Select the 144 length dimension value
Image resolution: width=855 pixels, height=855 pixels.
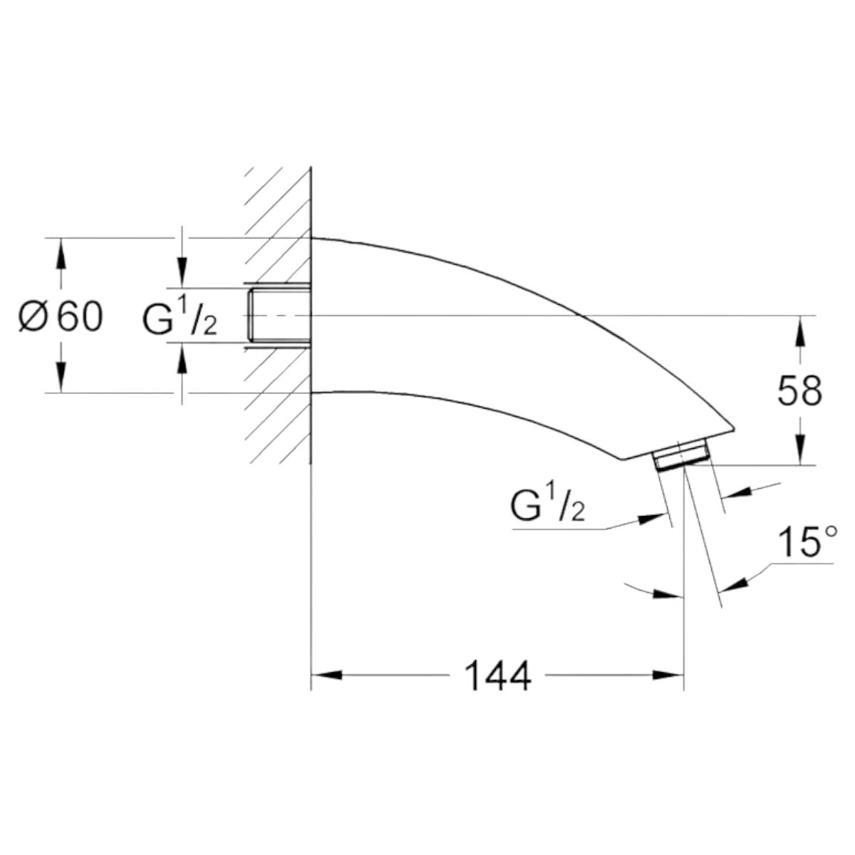tap(497, 675)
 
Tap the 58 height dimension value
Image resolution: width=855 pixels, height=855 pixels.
tap(799, 390)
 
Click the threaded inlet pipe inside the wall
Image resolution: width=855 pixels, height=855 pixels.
tap(278, 316)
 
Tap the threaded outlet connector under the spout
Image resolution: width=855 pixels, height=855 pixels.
tap(680, 456)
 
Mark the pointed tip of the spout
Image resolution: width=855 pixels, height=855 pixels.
tap(732, 428)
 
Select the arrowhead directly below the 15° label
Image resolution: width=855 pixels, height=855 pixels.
tap(734, 582)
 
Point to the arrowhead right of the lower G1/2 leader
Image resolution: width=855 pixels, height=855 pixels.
tap(737, 492)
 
